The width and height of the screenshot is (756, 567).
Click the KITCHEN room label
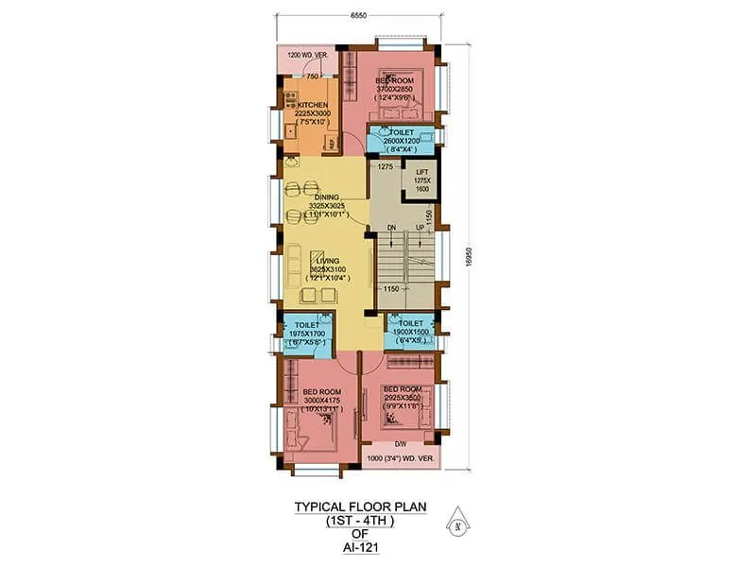pyautogui.click(x=313, y=105)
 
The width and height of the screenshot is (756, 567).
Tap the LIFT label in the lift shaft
pyautogui.click(x=422, y=173)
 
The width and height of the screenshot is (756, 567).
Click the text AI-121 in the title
pyautogui.click(x=358, y=545)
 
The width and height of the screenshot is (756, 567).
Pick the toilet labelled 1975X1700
pyautogui.click(x=304, y=333)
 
